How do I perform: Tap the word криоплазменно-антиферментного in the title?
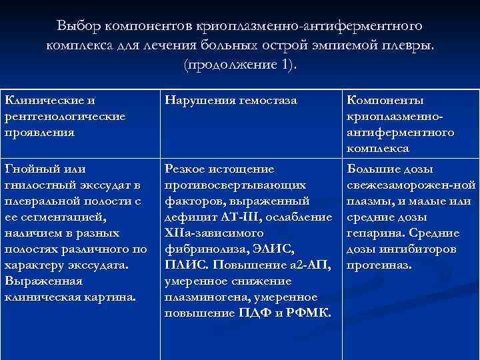[305, 25]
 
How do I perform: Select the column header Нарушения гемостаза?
[231, 101]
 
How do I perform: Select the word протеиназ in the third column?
[379, 265]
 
